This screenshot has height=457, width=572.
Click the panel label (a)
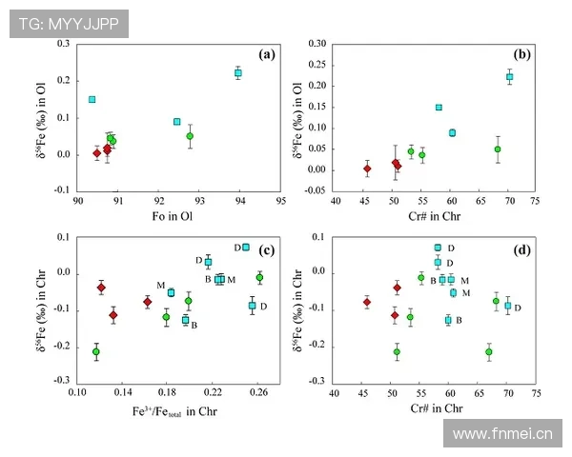click(x=266, y=53)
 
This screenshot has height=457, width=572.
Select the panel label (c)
click(x=266, y=251)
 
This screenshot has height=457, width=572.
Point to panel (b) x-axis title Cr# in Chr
click(x=435, y=217)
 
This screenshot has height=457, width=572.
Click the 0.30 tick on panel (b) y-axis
click(x=317, y=45)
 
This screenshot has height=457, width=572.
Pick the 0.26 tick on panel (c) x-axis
click(x=258, y=390)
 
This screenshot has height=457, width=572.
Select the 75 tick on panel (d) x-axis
click(x=537, y=390)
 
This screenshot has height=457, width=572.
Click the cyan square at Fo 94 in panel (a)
click(x=238, y=73)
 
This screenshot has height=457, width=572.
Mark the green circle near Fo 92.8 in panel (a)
click(x=190, y=136)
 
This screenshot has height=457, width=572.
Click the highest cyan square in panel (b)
click(x=509, y=77)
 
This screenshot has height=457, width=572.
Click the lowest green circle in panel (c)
click(x=96, y=351)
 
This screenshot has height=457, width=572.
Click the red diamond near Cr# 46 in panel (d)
click(x=367, y=302)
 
